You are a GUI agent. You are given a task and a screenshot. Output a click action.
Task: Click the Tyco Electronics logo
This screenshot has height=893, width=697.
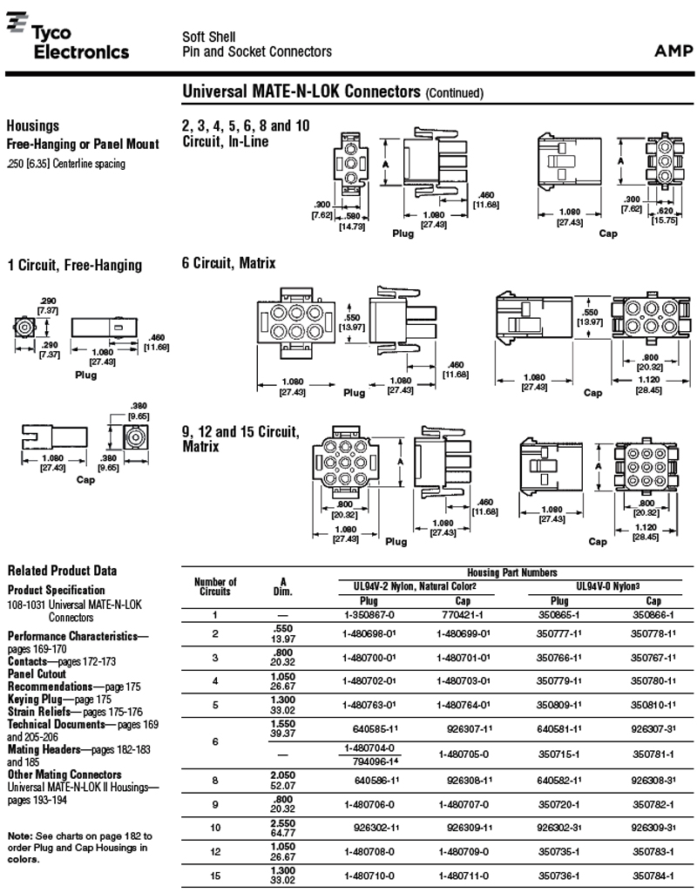68,40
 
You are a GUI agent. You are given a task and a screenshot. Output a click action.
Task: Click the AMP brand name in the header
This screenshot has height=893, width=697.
673,51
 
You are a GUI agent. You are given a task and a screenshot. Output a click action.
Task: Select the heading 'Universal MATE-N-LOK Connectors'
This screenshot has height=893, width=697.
301,91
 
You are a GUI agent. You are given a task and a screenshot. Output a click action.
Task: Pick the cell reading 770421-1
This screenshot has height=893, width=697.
462,615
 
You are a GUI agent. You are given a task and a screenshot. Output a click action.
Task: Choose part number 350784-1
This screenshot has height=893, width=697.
653,876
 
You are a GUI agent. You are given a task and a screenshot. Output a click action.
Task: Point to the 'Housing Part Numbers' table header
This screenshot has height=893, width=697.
511,572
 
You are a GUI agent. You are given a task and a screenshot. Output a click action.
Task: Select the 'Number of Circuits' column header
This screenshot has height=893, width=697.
215,586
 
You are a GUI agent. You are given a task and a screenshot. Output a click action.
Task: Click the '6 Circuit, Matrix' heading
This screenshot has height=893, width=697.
228,263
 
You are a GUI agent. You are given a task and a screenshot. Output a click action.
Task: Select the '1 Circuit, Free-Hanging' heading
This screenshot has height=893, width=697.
74,265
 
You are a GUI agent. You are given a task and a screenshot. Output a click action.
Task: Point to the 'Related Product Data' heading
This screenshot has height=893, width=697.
62,571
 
